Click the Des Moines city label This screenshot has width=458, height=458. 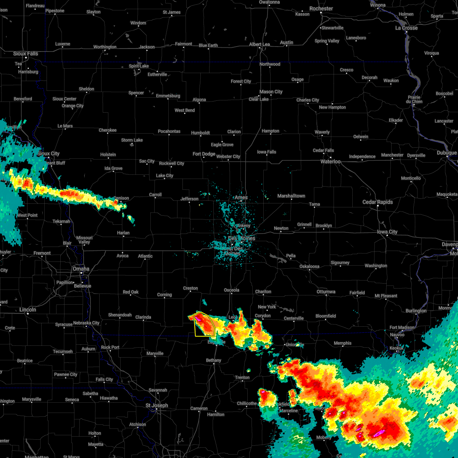pos(242,238)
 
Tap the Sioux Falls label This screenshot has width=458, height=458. pos(26,54)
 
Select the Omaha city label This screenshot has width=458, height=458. pos(81,269)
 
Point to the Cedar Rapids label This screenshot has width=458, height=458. pos(377,202)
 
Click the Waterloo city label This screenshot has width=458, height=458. pos(331,161)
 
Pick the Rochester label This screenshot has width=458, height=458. pos(321,8)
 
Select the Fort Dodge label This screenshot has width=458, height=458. pos(204,154)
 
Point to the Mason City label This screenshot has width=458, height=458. pos(271,92)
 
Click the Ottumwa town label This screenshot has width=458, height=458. pos(326,292)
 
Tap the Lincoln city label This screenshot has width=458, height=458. pos(28,310)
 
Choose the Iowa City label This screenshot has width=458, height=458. pos(387,232)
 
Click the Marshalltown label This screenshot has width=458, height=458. pos(291,196)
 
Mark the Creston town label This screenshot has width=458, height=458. pos(190,288)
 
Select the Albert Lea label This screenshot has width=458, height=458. pos(260,44)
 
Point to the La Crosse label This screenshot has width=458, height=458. pos(406,28)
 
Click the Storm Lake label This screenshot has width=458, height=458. pos(132,140)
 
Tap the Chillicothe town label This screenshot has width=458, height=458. pos(247,403)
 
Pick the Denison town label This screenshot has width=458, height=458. pos(121,198)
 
